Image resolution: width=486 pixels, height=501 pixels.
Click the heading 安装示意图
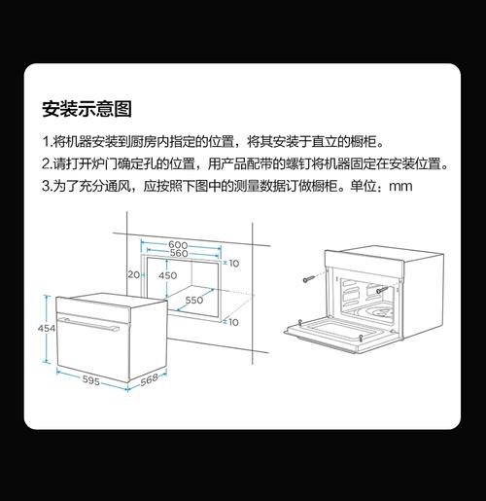coord(87,109)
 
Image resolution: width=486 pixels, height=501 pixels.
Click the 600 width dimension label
coord(178,244)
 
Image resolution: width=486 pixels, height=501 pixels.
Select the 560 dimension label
coord(179,253)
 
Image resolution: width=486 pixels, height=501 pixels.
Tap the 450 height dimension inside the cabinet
coord(168,275)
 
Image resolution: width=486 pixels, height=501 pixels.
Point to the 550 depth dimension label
coord(194,300)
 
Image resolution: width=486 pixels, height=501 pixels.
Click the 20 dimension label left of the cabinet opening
coord(133,274)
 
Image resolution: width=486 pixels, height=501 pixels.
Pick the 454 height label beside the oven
coord(47,328)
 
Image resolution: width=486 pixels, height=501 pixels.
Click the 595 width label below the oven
coord(90,380)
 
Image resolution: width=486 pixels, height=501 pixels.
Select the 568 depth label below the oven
coord(149,379)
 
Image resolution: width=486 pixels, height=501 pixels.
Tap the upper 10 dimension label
coord(234,264)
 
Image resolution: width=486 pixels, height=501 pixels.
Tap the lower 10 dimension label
coord(233,322)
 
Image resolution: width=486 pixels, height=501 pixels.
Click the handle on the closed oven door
coord(88,324)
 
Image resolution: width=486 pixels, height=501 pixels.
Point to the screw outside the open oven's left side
coord(309,278)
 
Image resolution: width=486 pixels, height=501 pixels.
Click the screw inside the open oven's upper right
coord(382,290)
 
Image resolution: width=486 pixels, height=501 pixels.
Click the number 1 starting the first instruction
coord(46,142)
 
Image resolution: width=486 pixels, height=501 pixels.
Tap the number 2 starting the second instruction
coord(46,164)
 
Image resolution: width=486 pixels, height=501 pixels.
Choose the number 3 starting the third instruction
coord(46,187)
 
